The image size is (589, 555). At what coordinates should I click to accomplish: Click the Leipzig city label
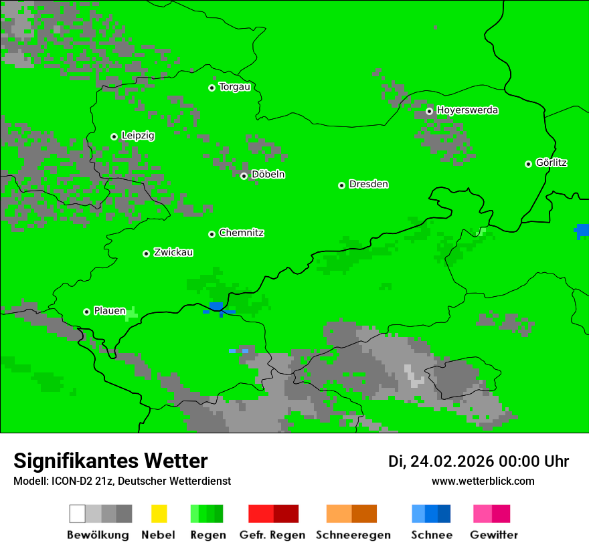coord(138,136)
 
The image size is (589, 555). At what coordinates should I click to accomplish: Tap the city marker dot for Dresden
coord(341,185)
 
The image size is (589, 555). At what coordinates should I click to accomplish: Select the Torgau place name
coord(234,87)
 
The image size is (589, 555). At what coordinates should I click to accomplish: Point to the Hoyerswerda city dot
coord(429,111)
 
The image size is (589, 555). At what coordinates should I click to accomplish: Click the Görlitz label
coord(552,162)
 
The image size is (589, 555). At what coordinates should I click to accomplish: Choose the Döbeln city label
coord(268,175)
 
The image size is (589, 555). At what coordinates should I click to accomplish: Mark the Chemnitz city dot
coord(212,234)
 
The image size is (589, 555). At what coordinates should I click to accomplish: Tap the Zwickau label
coord(173,252)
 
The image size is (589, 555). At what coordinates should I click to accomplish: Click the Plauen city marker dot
coord(86,312)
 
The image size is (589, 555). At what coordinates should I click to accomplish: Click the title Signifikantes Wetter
coord(110,461)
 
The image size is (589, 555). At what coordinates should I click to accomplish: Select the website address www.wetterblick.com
coord(483,481)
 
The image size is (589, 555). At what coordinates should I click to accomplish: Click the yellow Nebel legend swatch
coord(159,514)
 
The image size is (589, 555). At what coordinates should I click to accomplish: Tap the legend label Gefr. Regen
coord(272,535)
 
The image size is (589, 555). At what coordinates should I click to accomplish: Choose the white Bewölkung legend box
coord(78,514)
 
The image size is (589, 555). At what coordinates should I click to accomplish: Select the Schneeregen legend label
coord(353,535)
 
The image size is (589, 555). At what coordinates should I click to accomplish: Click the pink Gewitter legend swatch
coord(483,514)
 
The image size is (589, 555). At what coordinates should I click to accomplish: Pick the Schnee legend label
coord(431,535)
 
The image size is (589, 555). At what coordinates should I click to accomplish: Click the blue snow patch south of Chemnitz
coord(216,308)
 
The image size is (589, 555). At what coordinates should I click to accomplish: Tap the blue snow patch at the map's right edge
coord(582,231)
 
